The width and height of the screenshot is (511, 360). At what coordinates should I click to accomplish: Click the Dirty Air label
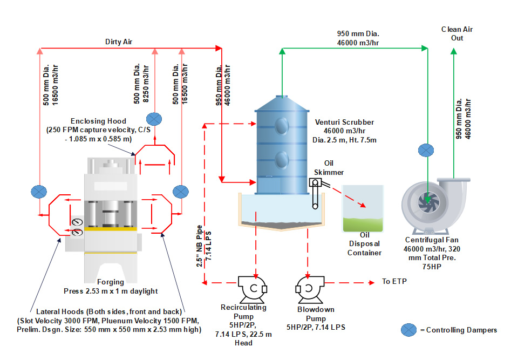pyautogui.click(x=119, y=41)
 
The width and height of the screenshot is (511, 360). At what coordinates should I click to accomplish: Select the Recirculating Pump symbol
pyautogui.click(x=252, y=289)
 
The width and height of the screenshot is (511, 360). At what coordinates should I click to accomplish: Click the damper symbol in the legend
pyautogui.click(x=410, y=329)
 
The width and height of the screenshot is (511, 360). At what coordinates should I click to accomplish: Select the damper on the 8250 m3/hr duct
pyautogui.click(x=155, y=119)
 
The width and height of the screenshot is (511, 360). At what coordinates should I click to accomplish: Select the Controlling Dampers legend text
pyautogui.click(x=461, y=330)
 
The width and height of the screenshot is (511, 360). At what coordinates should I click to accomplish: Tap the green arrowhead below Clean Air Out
pyautogui.click(x=453, y=51)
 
